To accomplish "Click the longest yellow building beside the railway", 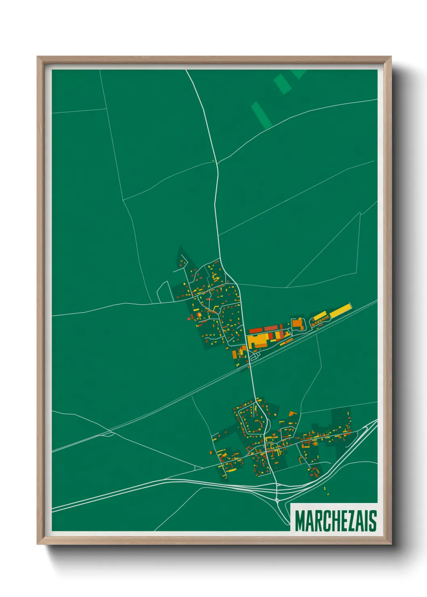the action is (x=340, y=311).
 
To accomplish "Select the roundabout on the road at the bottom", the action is (x=278, y=500).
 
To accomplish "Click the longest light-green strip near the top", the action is (x=261, y=115).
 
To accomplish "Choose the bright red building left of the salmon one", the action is (x=256, y=331).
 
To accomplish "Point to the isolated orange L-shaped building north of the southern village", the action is (x=292, y=414).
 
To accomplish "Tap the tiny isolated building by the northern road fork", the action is (x=213, y=161).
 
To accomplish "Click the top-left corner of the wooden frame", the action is (x=38, y=57).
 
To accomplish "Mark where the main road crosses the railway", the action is (x=249, y=362).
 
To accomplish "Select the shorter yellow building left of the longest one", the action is (x=320, y=316).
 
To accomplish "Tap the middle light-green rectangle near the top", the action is (x=283, y=84).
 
